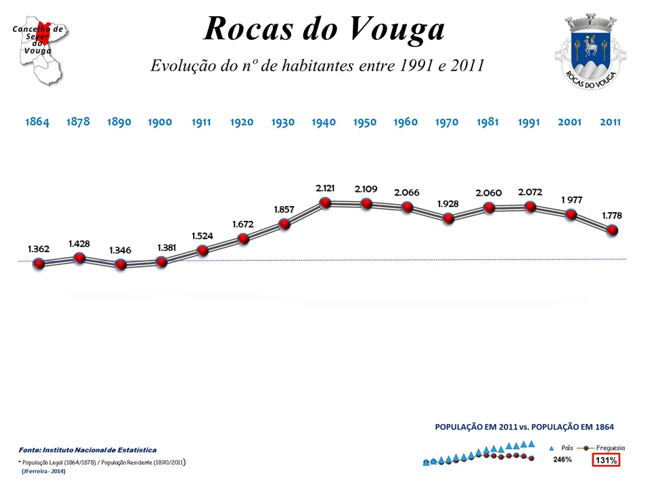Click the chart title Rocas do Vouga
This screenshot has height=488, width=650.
click(x=324, y=29)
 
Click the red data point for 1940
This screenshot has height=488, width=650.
click(x=325, y=203)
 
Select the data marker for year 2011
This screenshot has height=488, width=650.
click(x=612, y=230)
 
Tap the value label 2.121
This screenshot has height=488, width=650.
click(x=325, y=187)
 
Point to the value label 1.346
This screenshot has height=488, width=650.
click(x=121, y=250)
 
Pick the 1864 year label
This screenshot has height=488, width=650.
click(x=37, y=123)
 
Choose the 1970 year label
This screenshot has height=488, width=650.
click(x=447, y=123)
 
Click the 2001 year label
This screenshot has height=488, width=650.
click(x=569, y=123)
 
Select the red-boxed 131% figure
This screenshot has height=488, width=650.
click(x=606, y=460)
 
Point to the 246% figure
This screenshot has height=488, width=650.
click(x=563, y=460)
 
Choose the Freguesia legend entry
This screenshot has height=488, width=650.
click(x=604, y=448)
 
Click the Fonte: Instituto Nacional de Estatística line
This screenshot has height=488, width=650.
click(x=87, y=449)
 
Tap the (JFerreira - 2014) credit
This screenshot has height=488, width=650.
click(x=43, y=470)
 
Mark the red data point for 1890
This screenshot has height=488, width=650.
click(x=121, y=264)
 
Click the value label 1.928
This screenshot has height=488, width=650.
click(x=448, y=203)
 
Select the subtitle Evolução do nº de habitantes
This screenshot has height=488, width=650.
click(x=317, y=66)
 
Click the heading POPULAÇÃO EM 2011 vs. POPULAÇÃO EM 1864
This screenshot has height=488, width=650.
click(x=524, y=427)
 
